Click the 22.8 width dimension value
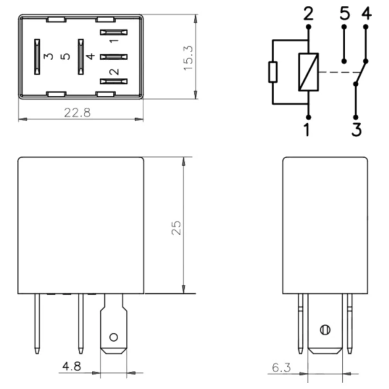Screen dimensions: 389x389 [77, 112]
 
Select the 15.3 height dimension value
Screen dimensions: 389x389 [188, 58]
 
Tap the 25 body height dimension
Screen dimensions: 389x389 [176, 228]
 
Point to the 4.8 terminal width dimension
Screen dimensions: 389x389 [72, 366]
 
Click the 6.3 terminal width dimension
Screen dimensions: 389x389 [281, 368]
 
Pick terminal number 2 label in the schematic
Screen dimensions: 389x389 [308, 14]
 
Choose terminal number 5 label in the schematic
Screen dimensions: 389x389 [345, 13]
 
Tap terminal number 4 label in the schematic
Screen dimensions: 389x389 [366, 13]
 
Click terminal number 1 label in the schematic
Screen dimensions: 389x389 [307, 130]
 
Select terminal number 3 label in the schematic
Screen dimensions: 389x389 [356, 130]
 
